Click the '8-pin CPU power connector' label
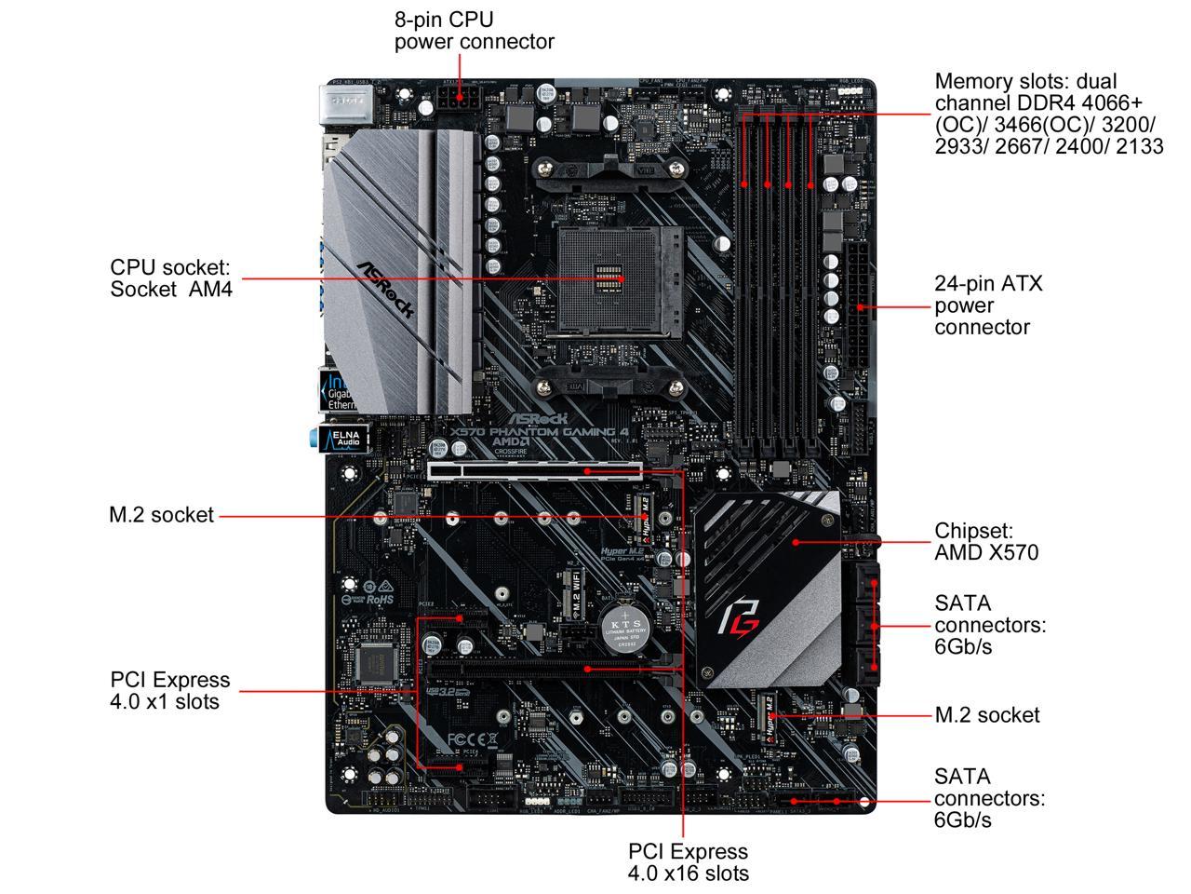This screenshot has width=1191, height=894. tap(474, 30)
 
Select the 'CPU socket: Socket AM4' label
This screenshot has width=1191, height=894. tap(170, 278)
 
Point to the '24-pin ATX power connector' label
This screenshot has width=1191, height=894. tap(988, 305)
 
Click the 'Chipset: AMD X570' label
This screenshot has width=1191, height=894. tap(986, 541)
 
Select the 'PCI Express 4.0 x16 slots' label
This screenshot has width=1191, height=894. tap(688, 862)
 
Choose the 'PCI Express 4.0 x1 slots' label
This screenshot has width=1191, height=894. tap(169, 690)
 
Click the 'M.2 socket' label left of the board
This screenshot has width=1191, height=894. tap(161, 515)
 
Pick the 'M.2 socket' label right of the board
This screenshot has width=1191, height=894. tap(987, 715)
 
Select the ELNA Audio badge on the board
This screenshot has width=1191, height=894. tap(343, 438)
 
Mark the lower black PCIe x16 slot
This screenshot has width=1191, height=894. tap(549, 669)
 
